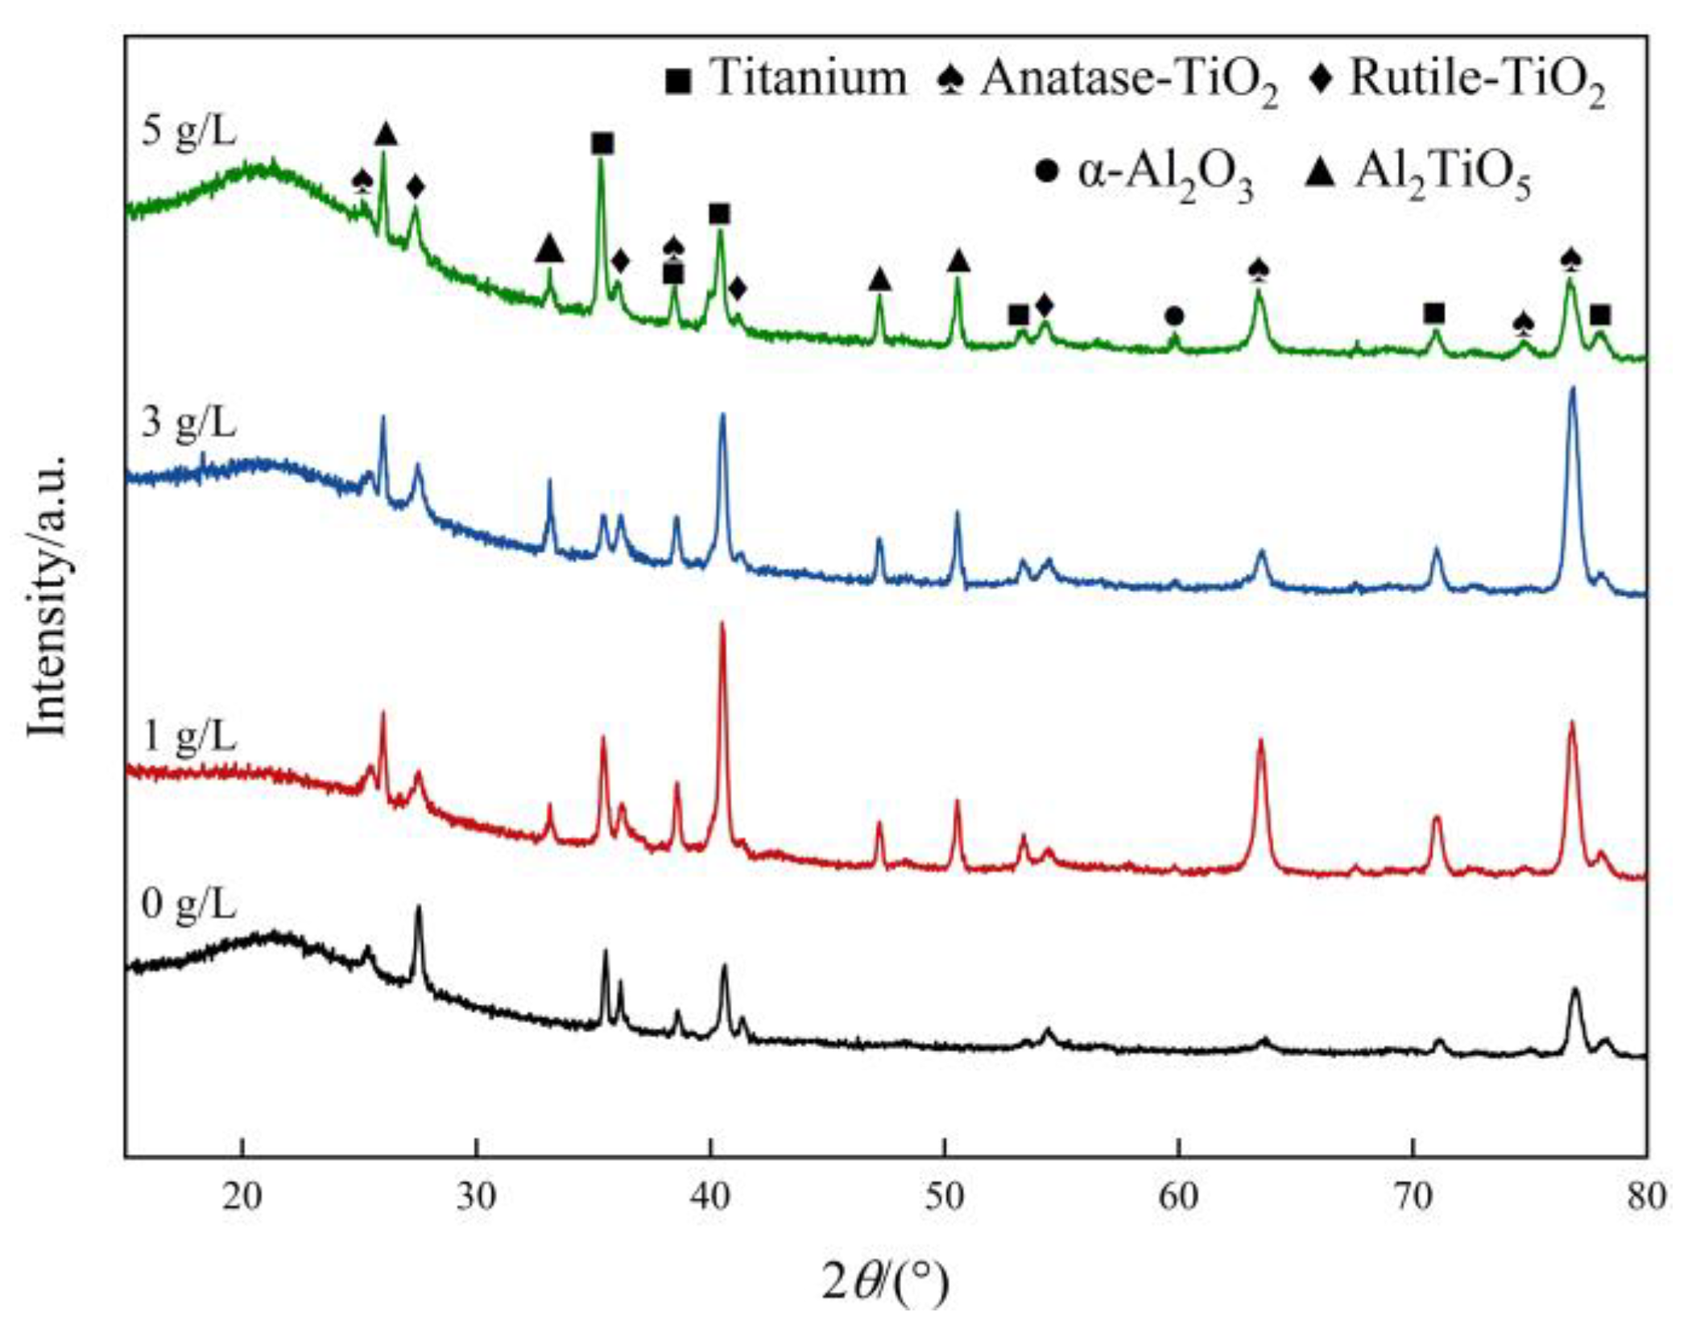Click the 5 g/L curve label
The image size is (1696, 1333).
188,130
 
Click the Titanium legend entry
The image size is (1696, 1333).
786,79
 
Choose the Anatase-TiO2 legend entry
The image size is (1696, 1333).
1107,82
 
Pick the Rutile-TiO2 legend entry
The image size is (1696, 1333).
1458,82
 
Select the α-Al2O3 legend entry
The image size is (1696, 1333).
1144,175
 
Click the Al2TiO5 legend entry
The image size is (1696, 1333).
1417,175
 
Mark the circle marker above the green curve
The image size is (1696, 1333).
1174,317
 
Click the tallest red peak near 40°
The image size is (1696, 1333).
722,624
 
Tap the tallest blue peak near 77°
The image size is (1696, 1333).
1572,390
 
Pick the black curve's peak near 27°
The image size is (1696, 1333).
418,908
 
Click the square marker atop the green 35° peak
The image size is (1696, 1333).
602,144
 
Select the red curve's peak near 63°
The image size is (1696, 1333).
1260,741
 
